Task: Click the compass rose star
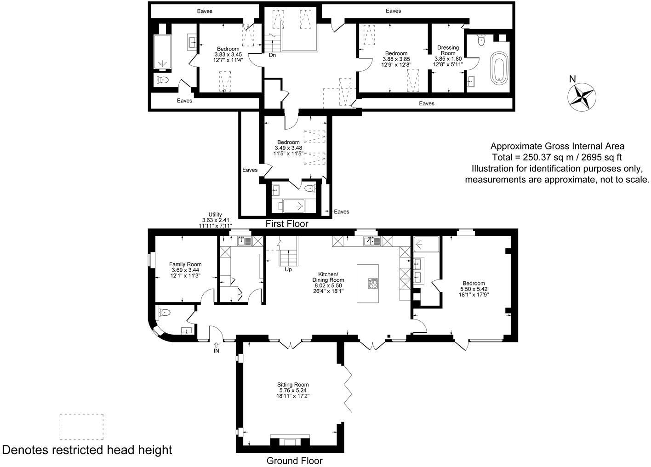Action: coord(582,97)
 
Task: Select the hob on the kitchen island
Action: coord(373,283)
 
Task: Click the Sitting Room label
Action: coord(293,390)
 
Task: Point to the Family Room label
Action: coord(185,270)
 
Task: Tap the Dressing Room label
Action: coord(448,56)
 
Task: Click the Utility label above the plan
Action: coord(215,220)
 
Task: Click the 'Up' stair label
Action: coord(288,269)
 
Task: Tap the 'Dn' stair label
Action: coord(272,55)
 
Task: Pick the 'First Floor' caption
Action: coord(287,224)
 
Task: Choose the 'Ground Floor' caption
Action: coord(294,461)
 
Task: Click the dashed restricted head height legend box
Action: coord(81,427)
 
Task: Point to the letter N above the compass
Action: coord(572,79)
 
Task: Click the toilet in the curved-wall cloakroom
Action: coord(164,313)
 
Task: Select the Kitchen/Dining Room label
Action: coord(328,283)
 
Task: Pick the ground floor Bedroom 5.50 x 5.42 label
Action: coord(474,289)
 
